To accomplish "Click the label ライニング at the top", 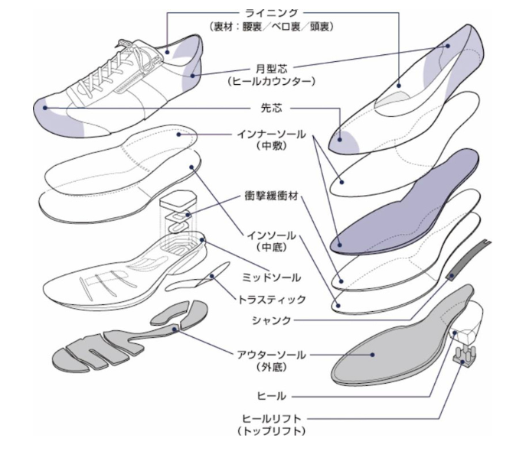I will (270, 12).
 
